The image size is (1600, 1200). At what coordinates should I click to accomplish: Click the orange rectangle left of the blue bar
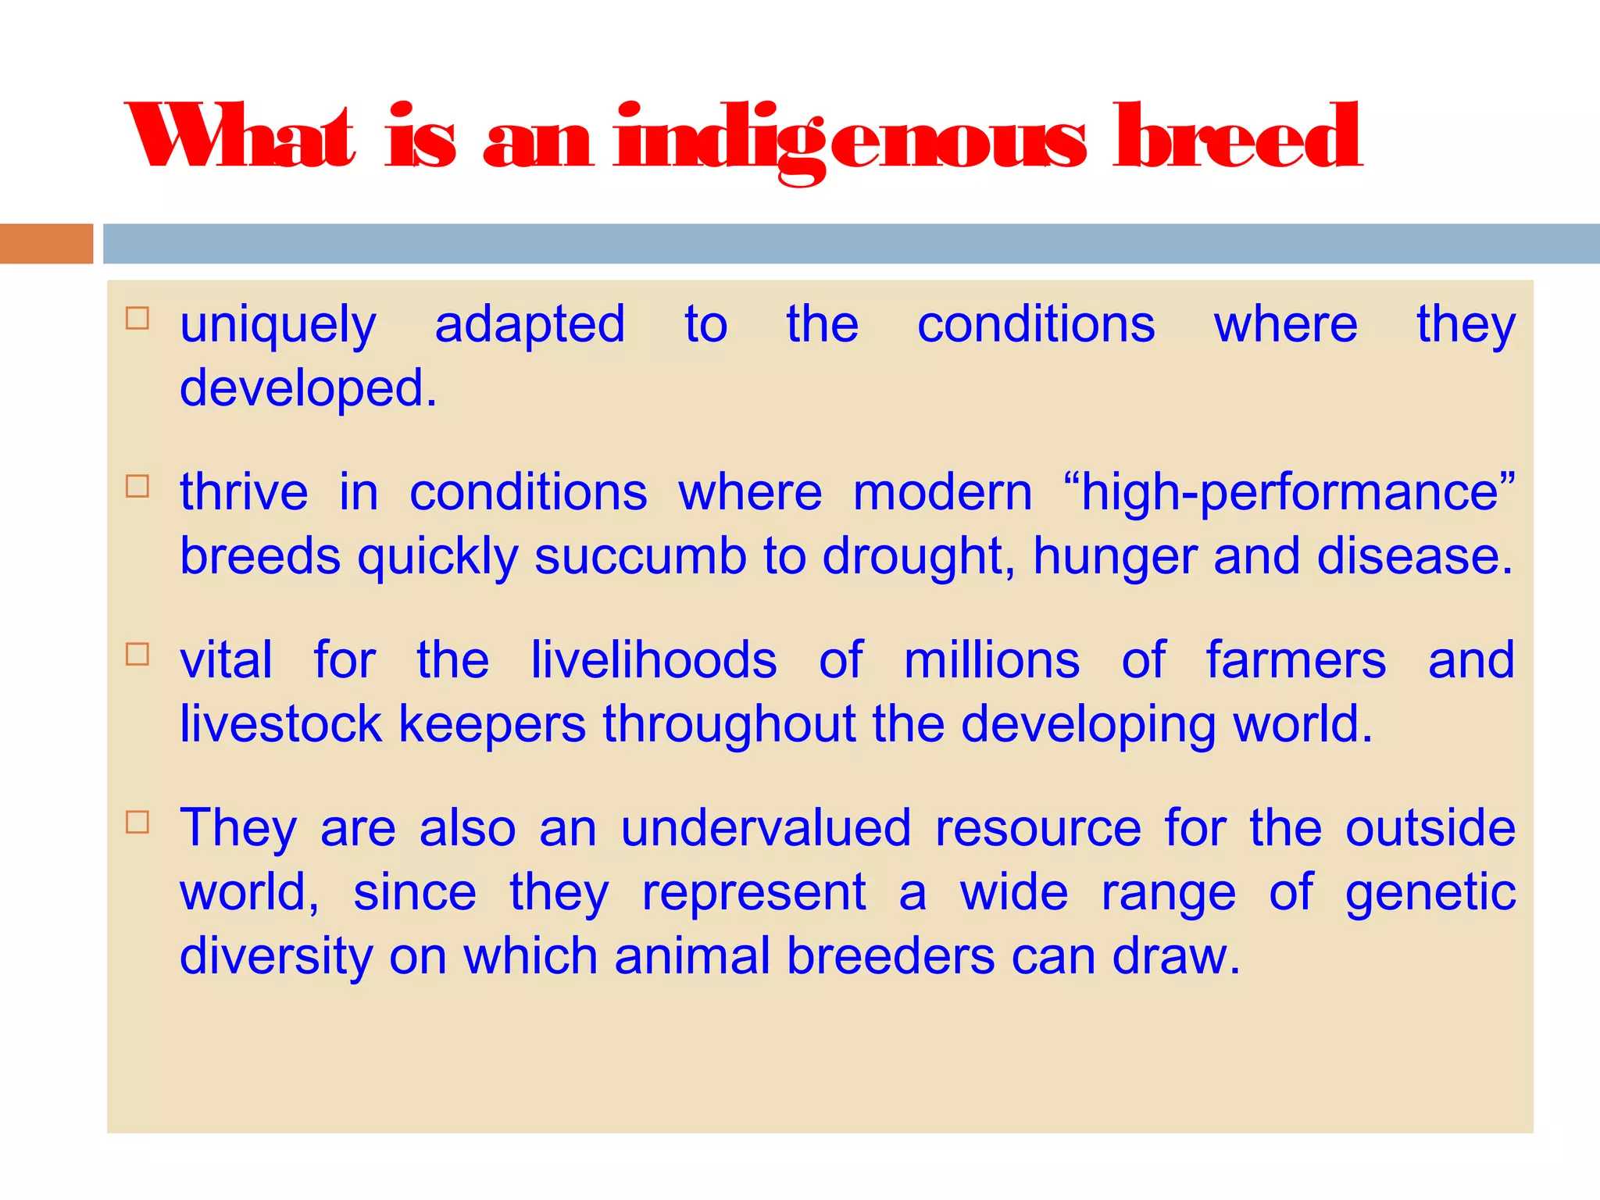click(46, 243)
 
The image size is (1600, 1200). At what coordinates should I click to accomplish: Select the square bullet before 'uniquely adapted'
click(137, 319)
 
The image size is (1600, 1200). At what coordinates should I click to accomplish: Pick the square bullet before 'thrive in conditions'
click(137, 486)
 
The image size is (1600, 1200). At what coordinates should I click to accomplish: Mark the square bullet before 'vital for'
click(137, 654)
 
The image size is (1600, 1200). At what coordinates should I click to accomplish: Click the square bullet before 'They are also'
click(137, 822)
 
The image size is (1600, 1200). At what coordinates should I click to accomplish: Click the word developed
click(308, 388)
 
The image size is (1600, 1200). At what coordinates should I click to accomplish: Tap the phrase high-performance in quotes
click(1289, 494)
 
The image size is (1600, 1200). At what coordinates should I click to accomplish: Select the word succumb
click(641, 556)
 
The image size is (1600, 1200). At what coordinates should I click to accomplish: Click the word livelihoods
click(654, 660)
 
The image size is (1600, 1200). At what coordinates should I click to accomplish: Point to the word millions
click(992, 660)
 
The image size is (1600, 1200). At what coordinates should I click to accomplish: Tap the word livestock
click(280, 724)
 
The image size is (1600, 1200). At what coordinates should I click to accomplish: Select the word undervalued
click(766, 828)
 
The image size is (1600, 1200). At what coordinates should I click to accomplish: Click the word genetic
click(1430, 893)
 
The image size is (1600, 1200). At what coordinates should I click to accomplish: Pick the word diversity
click(276, 957)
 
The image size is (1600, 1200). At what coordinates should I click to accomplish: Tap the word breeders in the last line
click(891, 955)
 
